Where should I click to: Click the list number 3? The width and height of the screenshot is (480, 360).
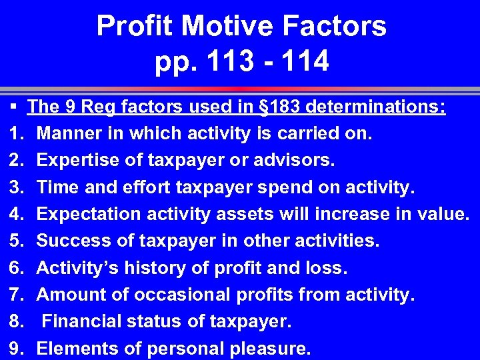click(17, 187)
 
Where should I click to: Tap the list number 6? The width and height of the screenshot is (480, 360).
click(17, 268)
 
